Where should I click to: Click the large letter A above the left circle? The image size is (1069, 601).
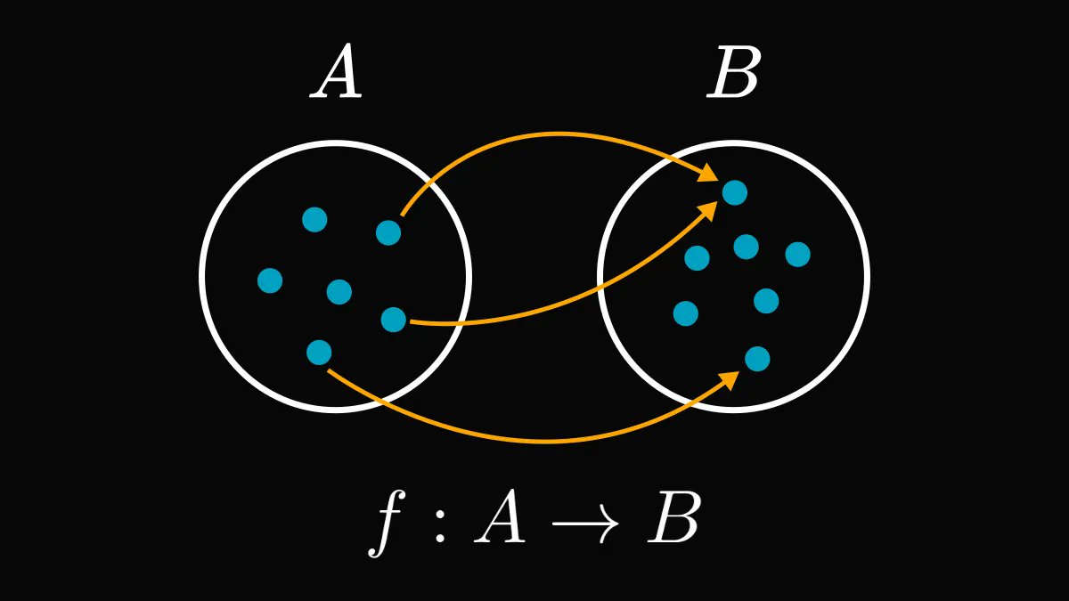pyautogui.click(x=337, y=75)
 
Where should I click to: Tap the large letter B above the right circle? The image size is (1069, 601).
pyautogui.click(x=733, y=75)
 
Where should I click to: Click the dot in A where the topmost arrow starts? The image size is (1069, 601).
pyautogui.click(x=388, y=232)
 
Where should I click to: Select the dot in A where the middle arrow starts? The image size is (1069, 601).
pyautogui.click(x=394, y=319)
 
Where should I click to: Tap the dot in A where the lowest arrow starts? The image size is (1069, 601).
pyautogui.click(x=319, y=353)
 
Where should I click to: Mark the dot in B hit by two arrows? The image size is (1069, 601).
pyautogui.click(x=735, y=192)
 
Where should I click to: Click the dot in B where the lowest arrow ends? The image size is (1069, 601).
pyautogui.click(x=757, y=359)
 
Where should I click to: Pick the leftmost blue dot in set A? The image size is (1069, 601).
pyautogui.click(x=270, y=280)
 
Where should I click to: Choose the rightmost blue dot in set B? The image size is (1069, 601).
pyautogui.click(x=798, y=255)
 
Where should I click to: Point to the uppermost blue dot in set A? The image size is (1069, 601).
pyautogui.click(x=314, y=219)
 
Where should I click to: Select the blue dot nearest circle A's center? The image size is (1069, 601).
pyautogui.click(x=339, y=291)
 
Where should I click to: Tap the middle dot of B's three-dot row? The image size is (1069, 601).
pyautogui.click(x=747, y=247)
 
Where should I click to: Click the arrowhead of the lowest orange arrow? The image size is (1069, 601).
pyautogui.click(x=731, y=379)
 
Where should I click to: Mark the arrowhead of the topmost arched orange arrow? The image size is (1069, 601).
pyautogui.click(x=709, y=173)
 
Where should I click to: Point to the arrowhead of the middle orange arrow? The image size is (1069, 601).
pyautogui.click(x=710, y=209)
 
